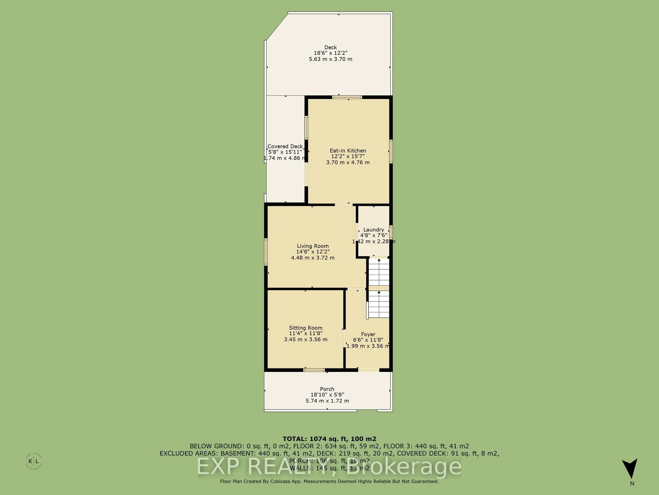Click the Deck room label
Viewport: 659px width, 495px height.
[x=330, y=47]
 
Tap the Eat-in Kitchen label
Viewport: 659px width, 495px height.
[x=348, y=150]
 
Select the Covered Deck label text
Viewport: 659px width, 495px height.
[x=285, y=146]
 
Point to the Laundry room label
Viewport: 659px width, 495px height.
[x=374, y=229]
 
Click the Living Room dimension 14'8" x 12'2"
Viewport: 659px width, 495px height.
[x=313, y=252]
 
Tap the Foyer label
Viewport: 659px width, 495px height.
[x=368, y=334]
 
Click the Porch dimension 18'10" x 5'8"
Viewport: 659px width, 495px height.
[x=327, y=395]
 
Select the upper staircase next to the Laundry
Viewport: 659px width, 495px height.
[x=379, y=272]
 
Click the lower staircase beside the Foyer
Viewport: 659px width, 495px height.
[x=379, y=304]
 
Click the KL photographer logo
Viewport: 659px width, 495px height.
[x=33, y=461]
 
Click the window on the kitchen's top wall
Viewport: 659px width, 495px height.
[x=347, y=97]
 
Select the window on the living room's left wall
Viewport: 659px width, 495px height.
[x=266, y=252]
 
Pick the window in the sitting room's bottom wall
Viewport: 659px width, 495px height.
[x=314, y=370]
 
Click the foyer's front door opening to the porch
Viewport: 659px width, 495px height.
[x=369, y=370]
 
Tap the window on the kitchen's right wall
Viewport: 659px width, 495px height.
[x=391, y=151]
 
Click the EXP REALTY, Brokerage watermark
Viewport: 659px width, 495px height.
[x=329, y=467]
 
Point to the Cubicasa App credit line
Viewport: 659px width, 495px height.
[x=329, y=481]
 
